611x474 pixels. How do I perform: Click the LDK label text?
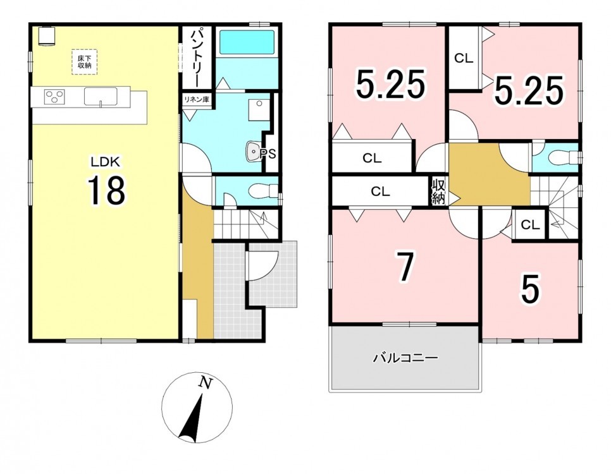click(105, 161)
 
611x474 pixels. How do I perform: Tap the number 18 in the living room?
click(106, 190)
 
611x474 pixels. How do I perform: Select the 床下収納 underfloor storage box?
click(84, 62)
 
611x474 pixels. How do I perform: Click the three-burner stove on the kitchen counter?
click(55, 97)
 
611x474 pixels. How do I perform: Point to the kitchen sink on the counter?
click(101, 96)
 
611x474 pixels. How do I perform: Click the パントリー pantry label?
click(196, 57)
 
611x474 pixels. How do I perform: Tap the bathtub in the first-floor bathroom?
click(247, 42)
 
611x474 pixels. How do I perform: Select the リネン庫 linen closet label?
click(197, 99)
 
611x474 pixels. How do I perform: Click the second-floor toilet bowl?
click(562, 158)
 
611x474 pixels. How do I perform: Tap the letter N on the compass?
click(206, 383)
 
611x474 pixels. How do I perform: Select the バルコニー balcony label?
click(405, 358)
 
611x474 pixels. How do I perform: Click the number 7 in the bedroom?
click(405, 267)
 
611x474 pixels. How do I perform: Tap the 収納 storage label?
click(438, 191)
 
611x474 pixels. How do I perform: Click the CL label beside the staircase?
click(530, 225)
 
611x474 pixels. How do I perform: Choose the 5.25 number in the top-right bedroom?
click(529, 91)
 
